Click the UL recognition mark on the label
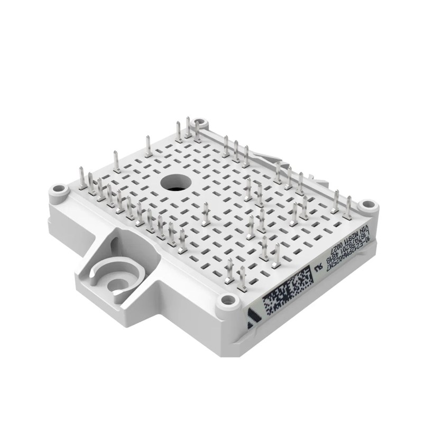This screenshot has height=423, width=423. [x=319, y=266]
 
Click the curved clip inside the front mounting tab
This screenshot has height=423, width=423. [x=114, y=275]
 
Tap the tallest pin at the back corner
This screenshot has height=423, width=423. [x=188, y=128]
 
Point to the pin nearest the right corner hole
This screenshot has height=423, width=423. [x=348, y=206]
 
